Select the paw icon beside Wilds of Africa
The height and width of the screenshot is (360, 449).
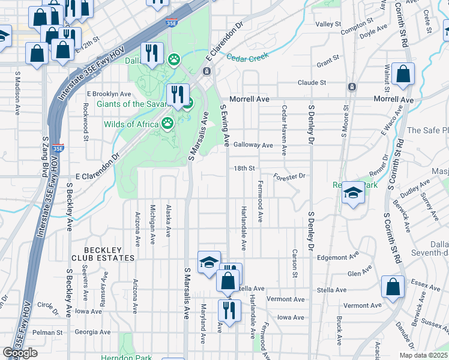click(x=167, y=124)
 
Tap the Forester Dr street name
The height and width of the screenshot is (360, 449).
click(x=289, y=176)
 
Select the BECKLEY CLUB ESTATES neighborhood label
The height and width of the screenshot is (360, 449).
click(x=103, y=254)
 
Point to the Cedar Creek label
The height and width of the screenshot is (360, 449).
click(x=246, y=57)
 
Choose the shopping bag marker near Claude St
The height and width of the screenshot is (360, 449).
click(x=403, y=74)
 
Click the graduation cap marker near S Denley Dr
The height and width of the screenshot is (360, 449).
click(x=353, y=193)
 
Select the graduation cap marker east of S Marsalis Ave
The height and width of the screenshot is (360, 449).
click(x=209, y=263)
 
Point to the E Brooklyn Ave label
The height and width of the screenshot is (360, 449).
click(x=109, y=94)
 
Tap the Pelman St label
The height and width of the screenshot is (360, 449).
click(x=47, y=332)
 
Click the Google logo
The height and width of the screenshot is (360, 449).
click(x=20, y=353)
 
